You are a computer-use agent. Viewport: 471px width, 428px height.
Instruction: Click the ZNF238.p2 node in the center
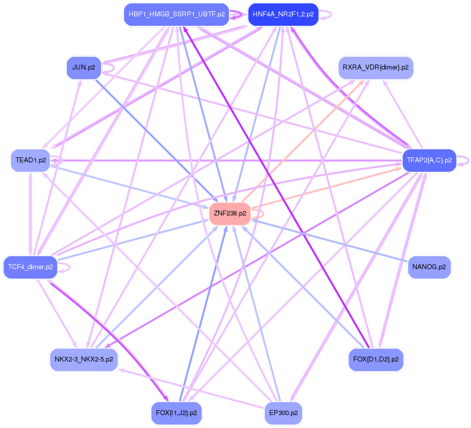coord(230,214)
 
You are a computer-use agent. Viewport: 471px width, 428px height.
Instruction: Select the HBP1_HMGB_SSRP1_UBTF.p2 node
coord(176,14)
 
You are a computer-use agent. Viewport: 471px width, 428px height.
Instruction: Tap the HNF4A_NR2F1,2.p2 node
coord(283,14)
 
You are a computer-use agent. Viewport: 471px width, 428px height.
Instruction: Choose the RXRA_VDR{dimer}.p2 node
coord(376,68)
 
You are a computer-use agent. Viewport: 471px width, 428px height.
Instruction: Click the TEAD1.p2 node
coord(30,160)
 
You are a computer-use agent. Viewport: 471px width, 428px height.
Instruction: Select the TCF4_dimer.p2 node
coord(30,267)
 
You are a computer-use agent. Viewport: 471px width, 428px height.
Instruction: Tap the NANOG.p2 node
coord(429,267)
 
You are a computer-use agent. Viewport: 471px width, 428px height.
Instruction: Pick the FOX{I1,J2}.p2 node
coord(176,413)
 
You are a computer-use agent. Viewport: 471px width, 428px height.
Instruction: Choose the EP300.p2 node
coord(283,413)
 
